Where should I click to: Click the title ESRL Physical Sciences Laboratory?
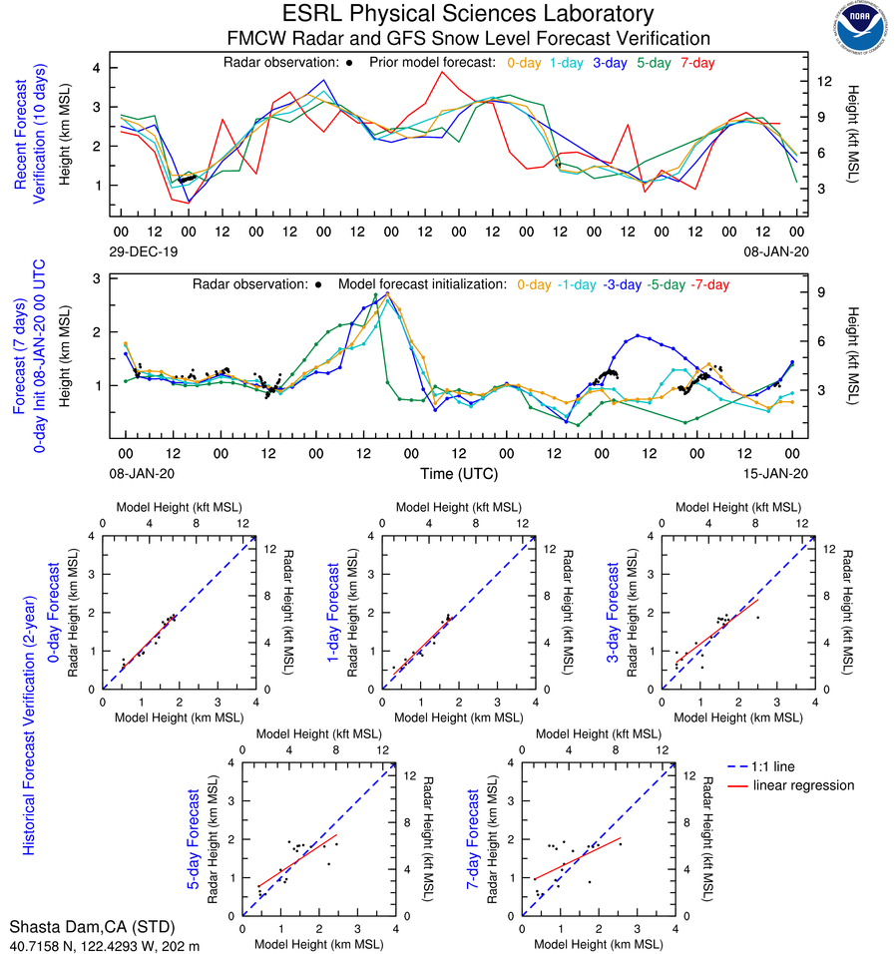[469, 14]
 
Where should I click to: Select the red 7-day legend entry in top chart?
[697, 63]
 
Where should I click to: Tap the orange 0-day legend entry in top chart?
[525, 63]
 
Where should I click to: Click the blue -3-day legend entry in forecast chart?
[621, 284]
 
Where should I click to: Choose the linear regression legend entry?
[804, 785]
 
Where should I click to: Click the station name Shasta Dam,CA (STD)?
[84, 927]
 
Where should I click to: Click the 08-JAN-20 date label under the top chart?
[772, 251]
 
